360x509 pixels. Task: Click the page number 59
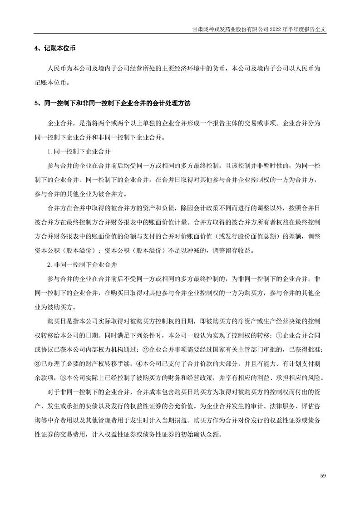323,475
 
